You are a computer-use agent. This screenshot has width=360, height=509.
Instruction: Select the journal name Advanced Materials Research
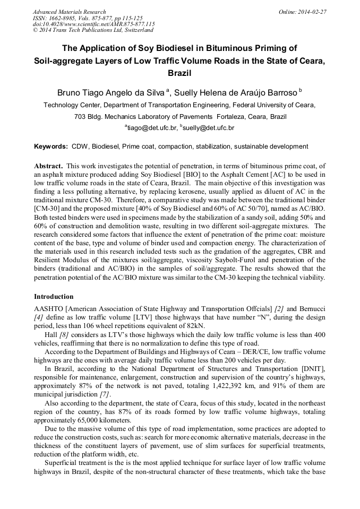click(69, 12)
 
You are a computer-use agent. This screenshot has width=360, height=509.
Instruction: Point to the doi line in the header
click(93, 24)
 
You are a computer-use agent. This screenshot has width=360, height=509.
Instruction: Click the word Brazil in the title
click(179, 73)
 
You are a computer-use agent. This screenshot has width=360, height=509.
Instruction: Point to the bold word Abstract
click(48, 166)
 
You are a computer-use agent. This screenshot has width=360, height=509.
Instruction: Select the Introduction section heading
click(54, 296)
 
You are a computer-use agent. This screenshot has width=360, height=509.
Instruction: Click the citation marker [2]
click(278, 308)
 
